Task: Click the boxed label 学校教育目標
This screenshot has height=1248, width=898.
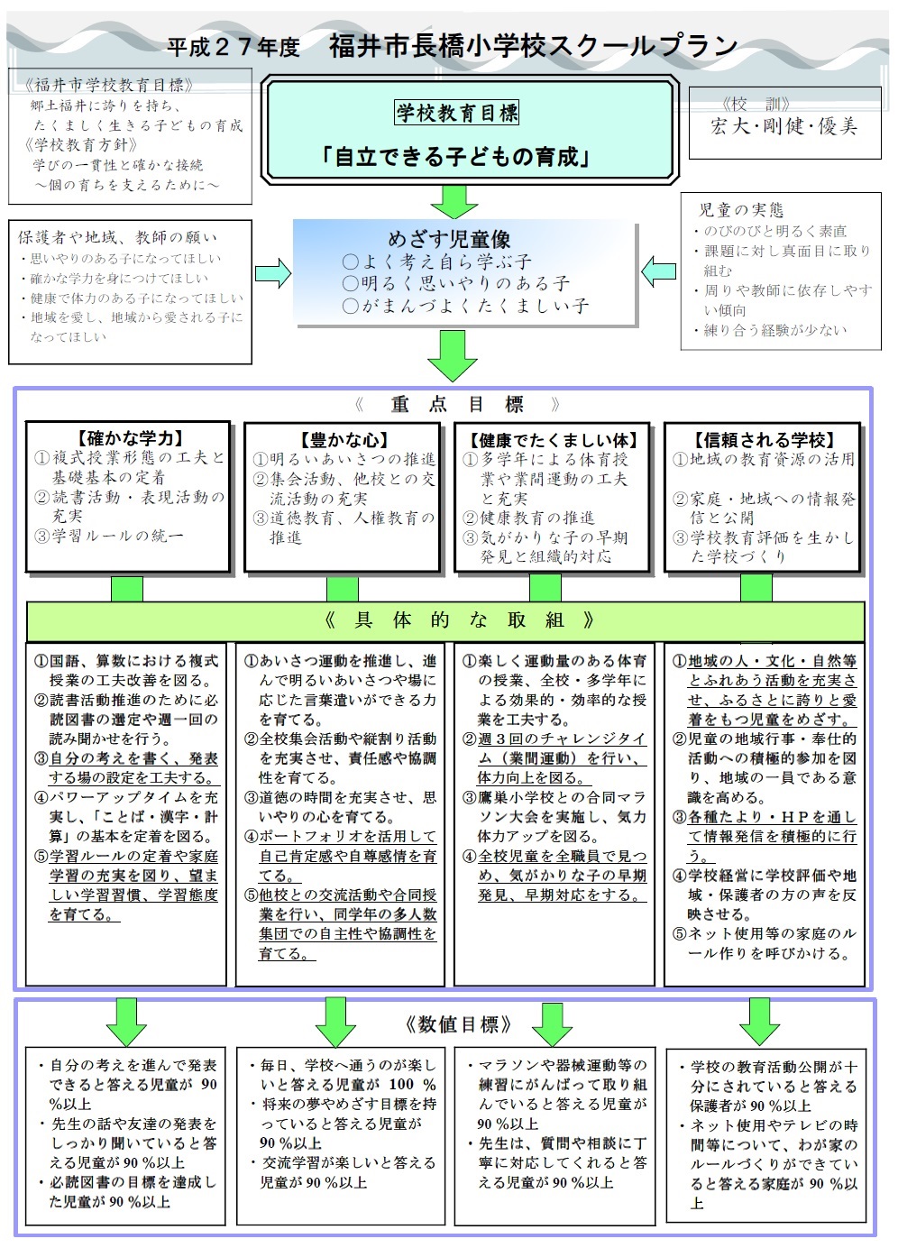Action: [x=456, y=113]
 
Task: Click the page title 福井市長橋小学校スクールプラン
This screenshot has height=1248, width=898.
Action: [x=533, y=46]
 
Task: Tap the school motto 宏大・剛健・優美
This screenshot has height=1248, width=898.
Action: [x=783, y=127]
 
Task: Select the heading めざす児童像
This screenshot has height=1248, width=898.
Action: [x=449, y=240]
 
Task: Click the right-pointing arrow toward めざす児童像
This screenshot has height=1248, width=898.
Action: [x=273, y=273]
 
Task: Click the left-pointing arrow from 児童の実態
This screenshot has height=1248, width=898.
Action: [x=658, y=271]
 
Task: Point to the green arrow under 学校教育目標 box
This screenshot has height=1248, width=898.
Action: [x=454, y=202]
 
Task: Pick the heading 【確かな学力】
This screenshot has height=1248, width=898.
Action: [x=129, y=438]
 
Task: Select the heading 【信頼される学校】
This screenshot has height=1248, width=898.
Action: [x=764, y=440]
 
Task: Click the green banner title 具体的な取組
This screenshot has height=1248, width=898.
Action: [x=459, y=620]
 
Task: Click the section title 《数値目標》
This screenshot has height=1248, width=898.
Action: [x=458, y=1024]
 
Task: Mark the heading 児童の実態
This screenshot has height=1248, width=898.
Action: [x=741, y=210]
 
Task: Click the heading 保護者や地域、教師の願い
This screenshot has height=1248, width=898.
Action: [x=117, y=237]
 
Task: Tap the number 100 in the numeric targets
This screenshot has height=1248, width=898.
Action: [x=401, y=1084]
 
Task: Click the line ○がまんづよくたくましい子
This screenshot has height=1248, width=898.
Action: [x=466, y=306]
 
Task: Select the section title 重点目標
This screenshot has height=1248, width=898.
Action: [x=457, y=404]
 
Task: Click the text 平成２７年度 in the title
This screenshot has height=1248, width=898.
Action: [x=234, y=48]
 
